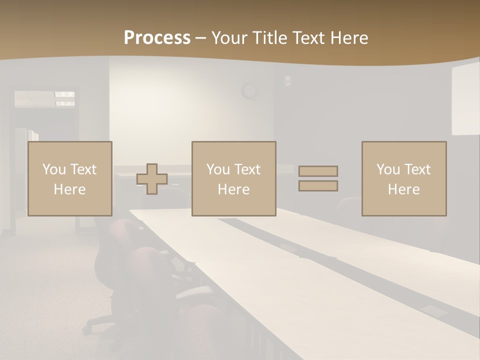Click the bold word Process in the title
click(x=157, y=38)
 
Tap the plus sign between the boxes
click(x=152, y=178)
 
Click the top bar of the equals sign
click(x=318, y=171)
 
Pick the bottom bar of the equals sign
click(x=318, y=186)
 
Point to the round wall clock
click(x=248, y=90)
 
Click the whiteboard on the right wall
click(x=465, y=100)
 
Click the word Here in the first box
click(x=69, y=189)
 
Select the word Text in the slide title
click(x=309, y=38)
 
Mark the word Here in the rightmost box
click(x=403, y=189)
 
